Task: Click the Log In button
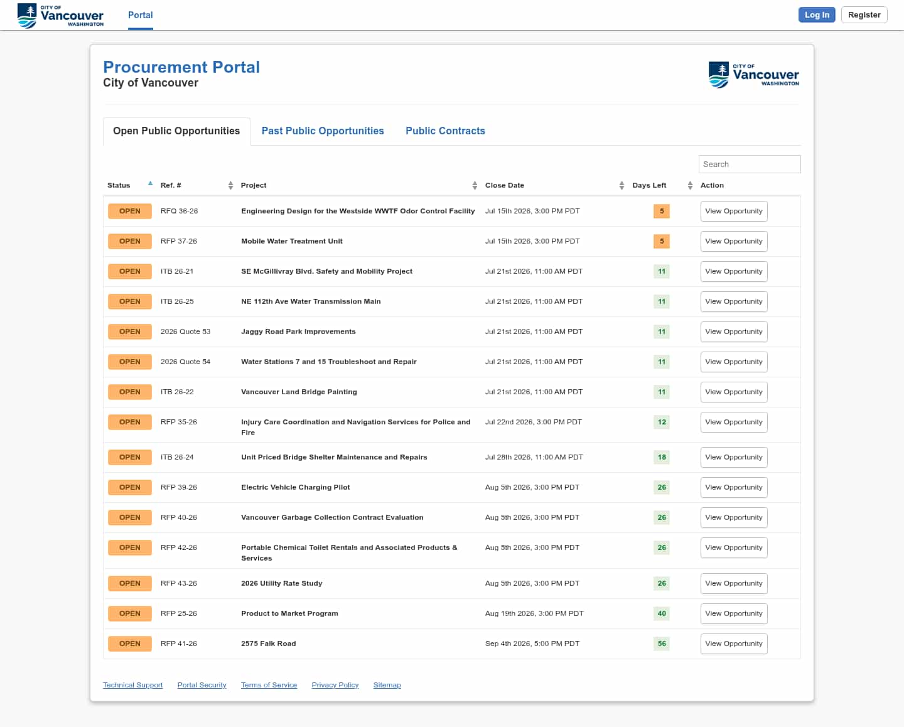click(x=816, y=14)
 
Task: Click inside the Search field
click(x=750, y=164)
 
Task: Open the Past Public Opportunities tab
click(x=323, y=131)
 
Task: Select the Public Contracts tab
click(x=445, y=131)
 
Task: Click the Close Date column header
click(x=505, y=185)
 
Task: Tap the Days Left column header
click(x=649, y=185)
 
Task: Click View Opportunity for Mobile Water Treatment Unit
click(x=734, y=241)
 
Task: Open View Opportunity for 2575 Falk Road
click(x=734, y=644)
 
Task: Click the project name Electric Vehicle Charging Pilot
click(x=295, y=487)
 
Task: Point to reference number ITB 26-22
click(x=177, y=392)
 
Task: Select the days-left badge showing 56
click(x=662, y=644)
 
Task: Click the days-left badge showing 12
click(x=662, y=422)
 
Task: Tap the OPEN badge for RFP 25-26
click(x=130, y=613)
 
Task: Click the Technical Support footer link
click(x=132, y=684)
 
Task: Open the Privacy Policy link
click(x=335, y=684)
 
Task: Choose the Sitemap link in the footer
click(x=387, y=684)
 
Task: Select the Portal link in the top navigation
click(x=140, y=15)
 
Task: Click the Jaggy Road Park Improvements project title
click(x=298, y=331)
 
